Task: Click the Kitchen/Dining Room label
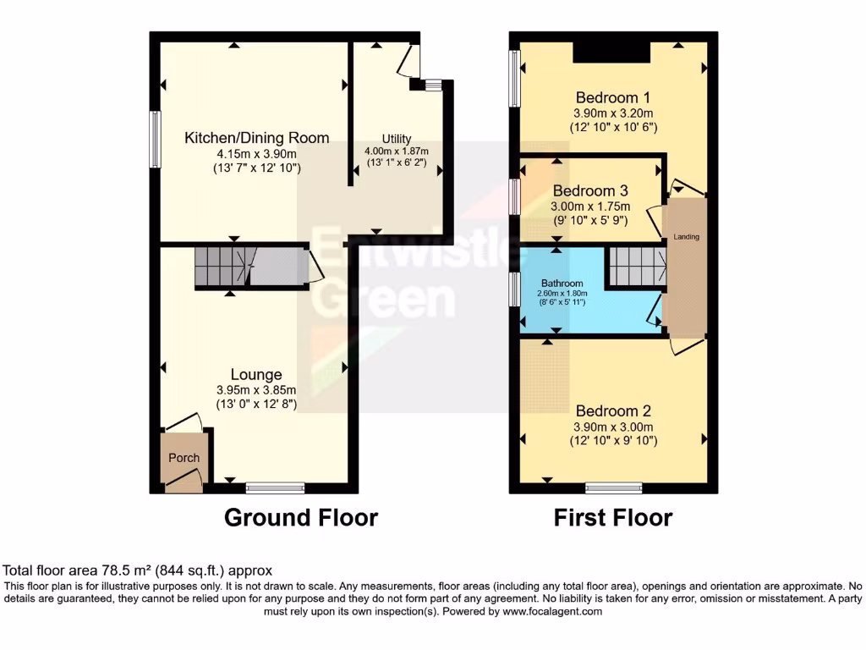[257, 138]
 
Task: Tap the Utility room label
[396, 139]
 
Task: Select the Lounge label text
[256, 374]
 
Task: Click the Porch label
[184, 458]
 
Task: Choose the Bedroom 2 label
[614, 411]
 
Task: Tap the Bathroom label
[562, 284]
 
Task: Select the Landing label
[686, 237]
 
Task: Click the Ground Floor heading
[300, 517]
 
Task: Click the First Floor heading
[613, 517]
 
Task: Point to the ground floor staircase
[222, 267]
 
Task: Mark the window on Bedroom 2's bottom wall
[614, 487]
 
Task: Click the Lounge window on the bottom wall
[275, 487]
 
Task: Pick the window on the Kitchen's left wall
[156, 139]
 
